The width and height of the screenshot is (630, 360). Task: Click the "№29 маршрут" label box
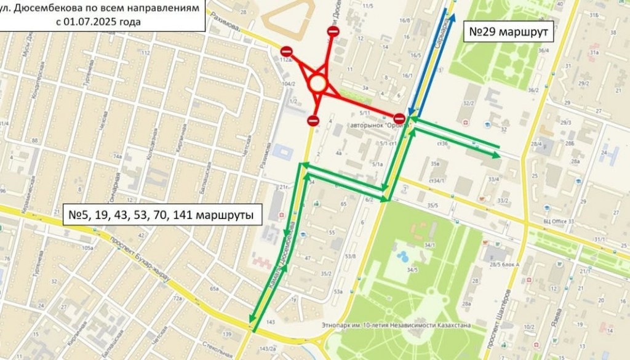click(x=508, y=31)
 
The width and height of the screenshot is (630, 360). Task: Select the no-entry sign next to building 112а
click(x=286, y=52)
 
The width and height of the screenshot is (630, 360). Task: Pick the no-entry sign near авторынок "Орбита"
click(x=399, y=118)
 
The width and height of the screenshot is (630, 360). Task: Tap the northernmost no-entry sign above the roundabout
click(x=333, y=31)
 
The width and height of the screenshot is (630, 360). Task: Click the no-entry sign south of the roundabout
click(x=313, y=121)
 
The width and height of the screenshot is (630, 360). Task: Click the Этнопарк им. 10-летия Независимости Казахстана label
click(x=405, y=324)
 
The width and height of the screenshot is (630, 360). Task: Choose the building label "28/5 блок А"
click(x=501, y=264)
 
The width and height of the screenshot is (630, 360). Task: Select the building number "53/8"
click(x=351, y=255)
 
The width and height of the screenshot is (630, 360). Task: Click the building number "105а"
click(x=87, y=248)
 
